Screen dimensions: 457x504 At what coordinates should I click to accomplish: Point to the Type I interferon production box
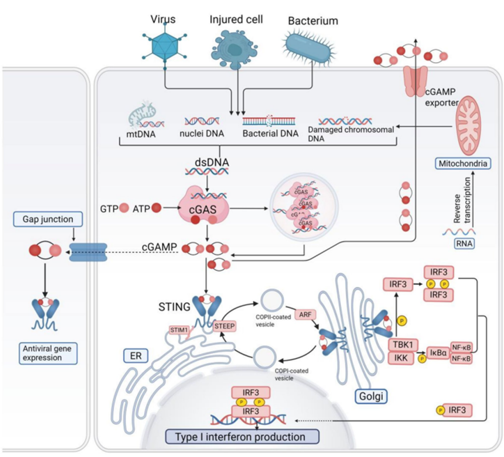click(x=242, y=437)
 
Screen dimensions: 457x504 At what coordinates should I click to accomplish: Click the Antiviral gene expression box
click(x=48, y=353)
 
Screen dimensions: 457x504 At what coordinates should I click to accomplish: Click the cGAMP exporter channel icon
click(x=415, y=79)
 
